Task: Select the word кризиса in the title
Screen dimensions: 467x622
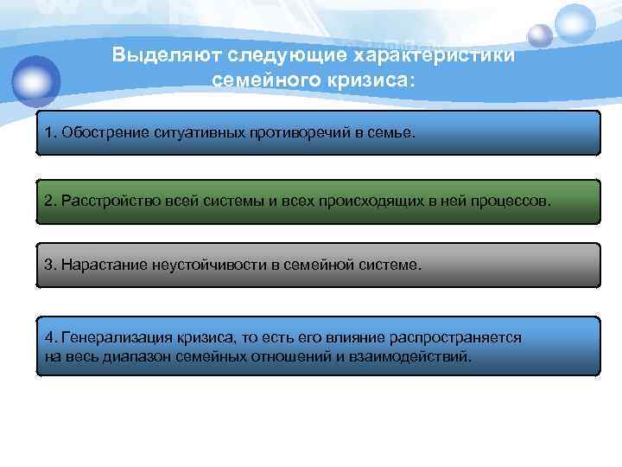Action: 363,80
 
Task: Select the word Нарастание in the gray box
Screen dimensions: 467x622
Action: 98,265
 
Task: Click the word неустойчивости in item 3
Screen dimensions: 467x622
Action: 219,265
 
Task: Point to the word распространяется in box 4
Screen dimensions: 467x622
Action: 462,338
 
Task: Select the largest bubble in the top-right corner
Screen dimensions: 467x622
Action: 575,24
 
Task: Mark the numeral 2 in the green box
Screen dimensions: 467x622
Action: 49,201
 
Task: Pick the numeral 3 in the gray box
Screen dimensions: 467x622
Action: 49,265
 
